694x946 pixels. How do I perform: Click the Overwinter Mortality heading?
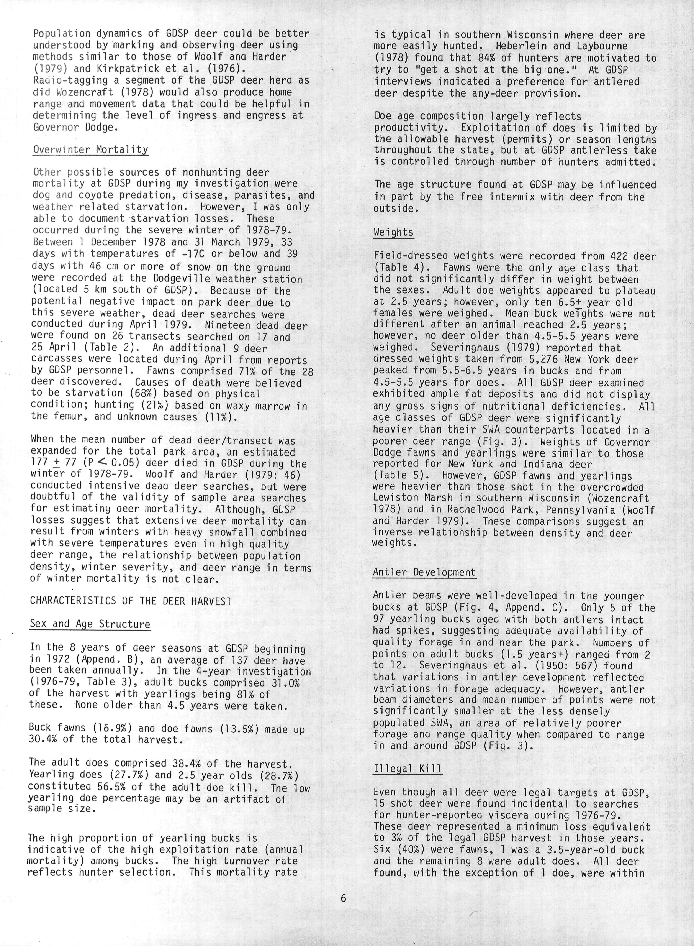point(90,150)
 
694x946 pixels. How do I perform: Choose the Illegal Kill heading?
point(408,769)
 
